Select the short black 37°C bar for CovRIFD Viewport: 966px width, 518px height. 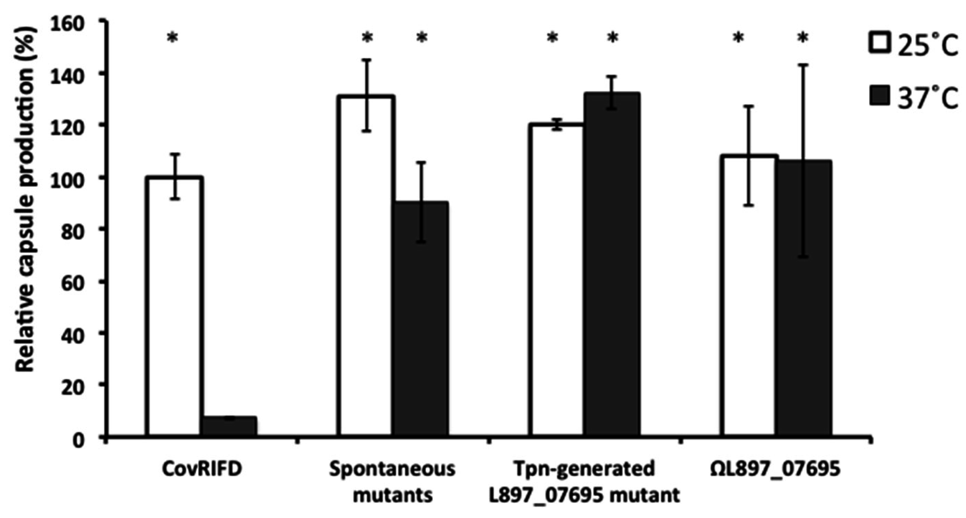pyautogui.click(x=229, y=426)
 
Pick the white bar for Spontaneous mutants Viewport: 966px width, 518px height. pyautogui.click(x=366, y=266)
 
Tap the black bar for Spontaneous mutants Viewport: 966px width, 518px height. pyautogui.click(x=421, y=319)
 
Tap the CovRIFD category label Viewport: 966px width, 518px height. pyautogui.click(x=202, y=469)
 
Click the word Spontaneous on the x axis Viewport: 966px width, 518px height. pyautogui.click(x=392, y=469)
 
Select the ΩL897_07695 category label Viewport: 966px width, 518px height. pyautogui.click(x=775, y=469)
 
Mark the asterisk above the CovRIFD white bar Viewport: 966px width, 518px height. pyautogui.click(x=172, y=38)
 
